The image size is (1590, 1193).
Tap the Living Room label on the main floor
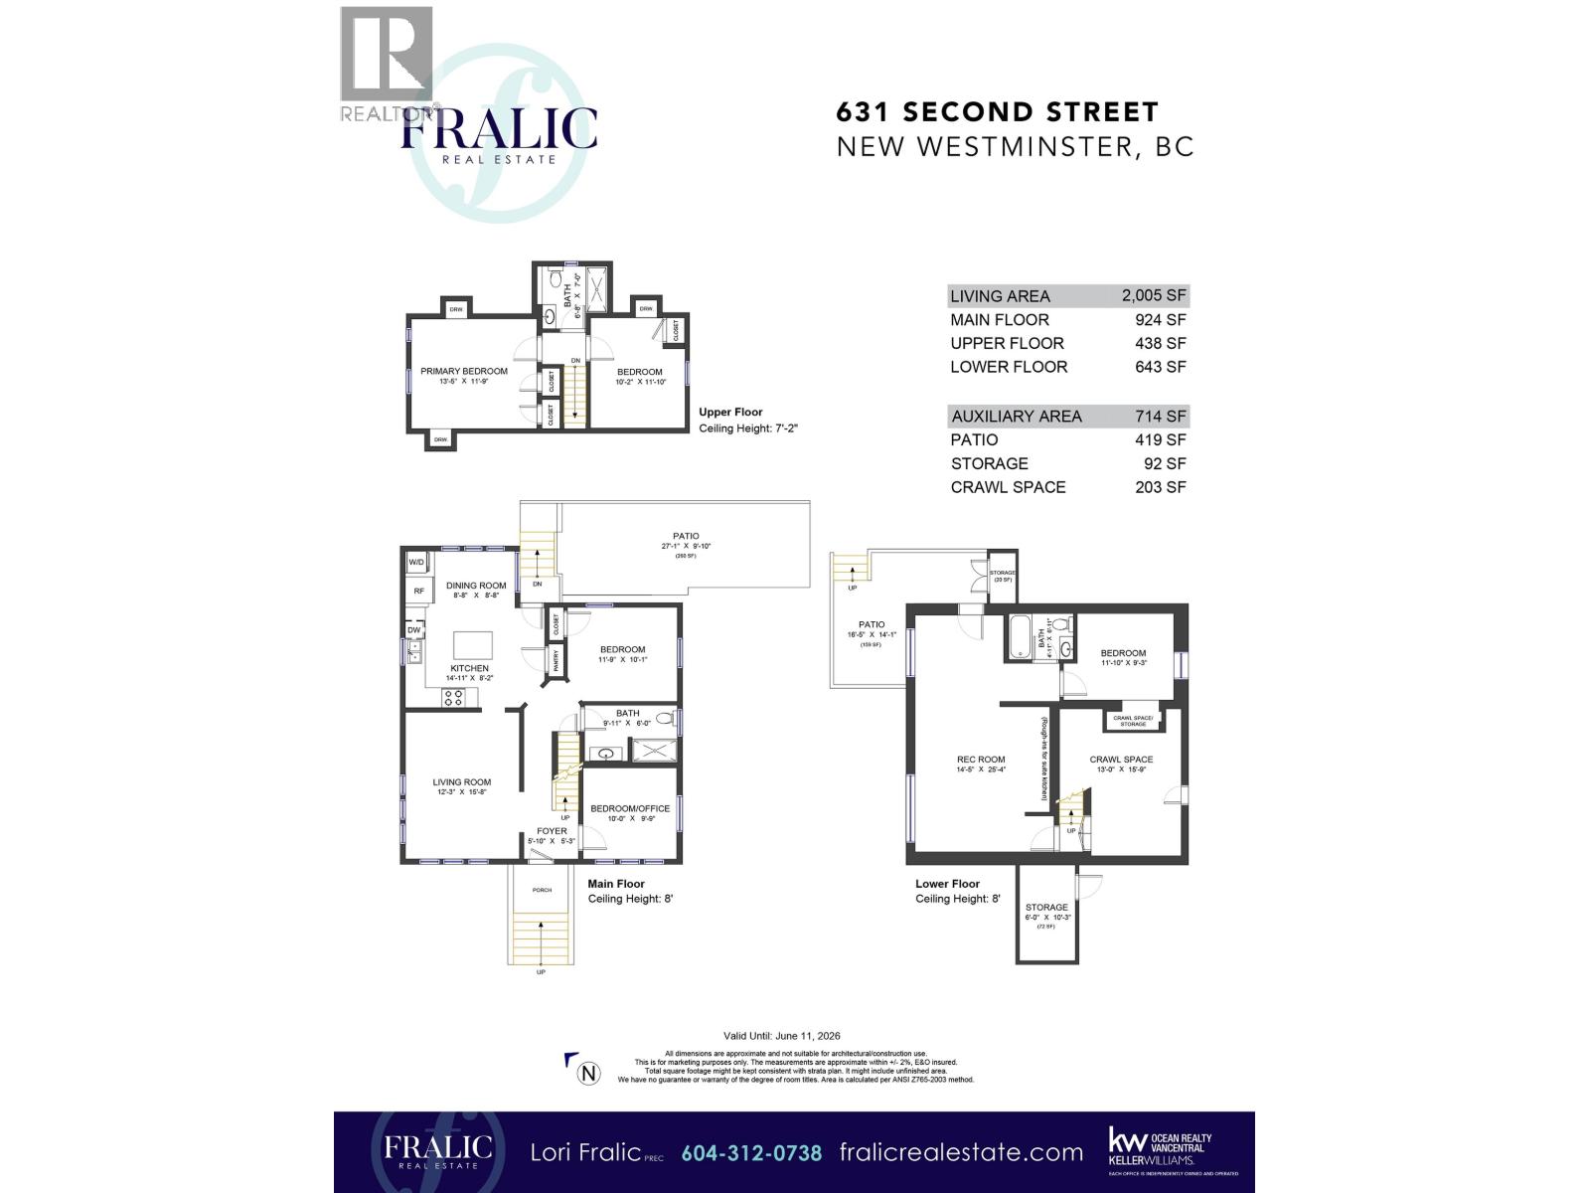coord(462,782)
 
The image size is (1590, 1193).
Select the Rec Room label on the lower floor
coord(981,760)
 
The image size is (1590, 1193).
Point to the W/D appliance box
coord(416,564)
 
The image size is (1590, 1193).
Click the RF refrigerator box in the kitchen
coord(418,592)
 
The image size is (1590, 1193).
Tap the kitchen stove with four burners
coord(453,697)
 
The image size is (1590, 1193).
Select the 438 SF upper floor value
coord(1161,343)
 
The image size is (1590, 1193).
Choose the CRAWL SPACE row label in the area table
coord(1008,487)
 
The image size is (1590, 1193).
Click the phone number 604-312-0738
coord(751,1153)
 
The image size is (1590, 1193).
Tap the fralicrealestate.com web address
coord(961,1153)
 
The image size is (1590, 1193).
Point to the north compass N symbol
coord(589,1073)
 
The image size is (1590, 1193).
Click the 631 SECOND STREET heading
coord(997,112)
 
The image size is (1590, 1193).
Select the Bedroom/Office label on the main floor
coord(630,808)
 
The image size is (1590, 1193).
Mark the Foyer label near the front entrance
coord(552,831)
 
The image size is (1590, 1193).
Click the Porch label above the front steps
coord(542,890)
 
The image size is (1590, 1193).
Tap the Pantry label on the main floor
coord(556,659)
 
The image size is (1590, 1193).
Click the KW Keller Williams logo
coord(1160,1146)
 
